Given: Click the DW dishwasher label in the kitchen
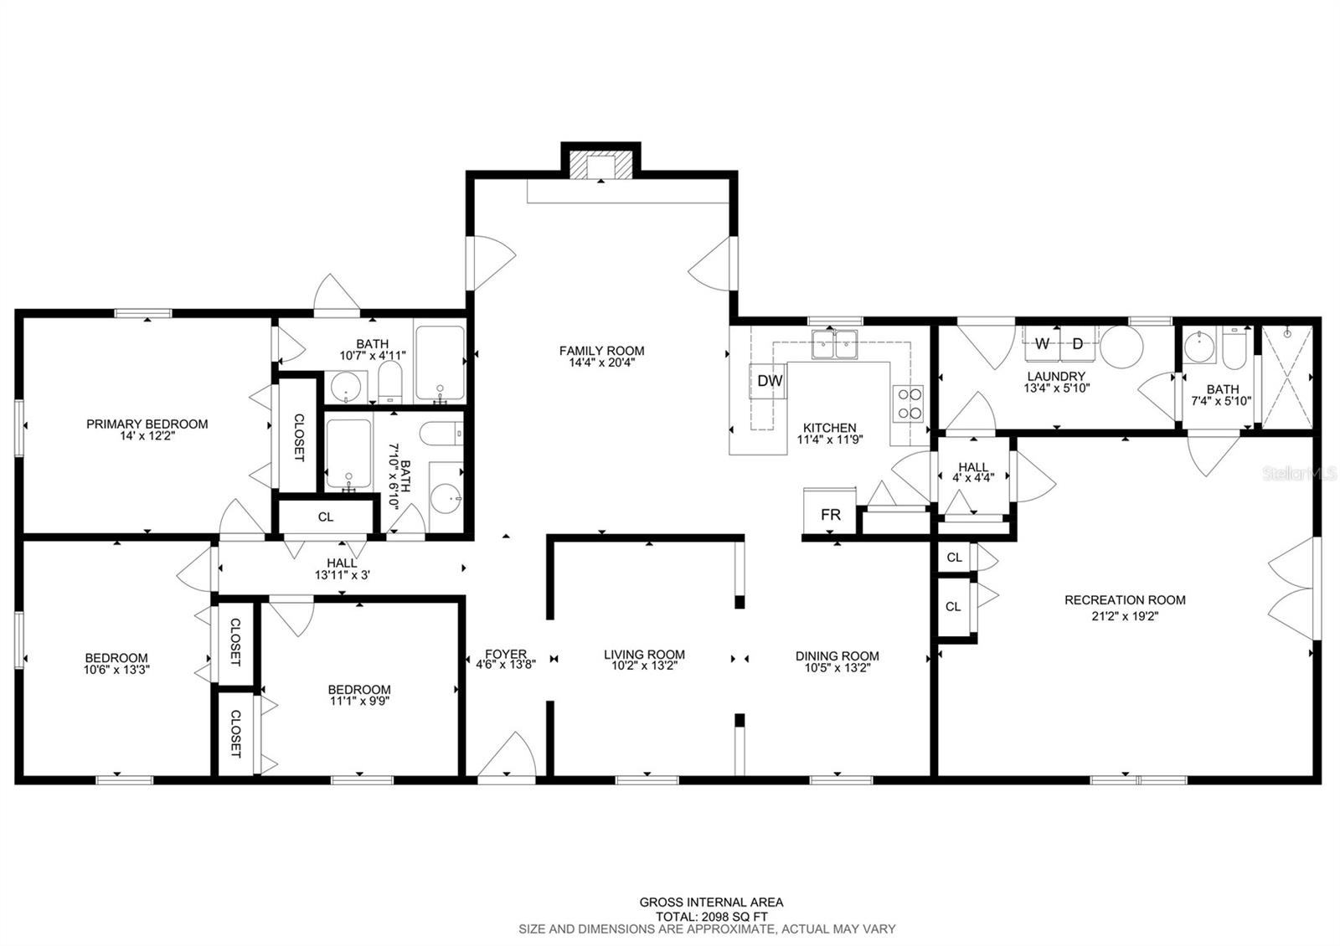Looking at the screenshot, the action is point(770,380).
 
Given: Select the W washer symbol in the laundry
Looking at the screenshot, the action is point(1042,344).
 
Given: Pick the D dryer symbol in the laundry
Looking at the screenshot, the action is point(1078,344).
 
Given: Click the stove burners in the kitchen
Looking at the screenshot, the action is point(908,404).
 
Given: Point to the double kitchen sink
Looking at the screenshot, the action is point(834,344).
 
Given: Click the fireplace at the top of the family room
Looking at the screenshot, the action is point(600,166).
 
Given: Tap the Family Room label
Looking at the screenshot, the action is point(602,351).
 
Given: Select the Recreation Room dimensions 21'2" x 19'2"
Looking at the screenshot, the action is point(1126,616).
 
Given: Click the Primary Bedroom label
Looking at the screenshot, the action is point(147,424).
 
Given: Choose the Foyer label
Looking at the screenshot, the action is point(506,654).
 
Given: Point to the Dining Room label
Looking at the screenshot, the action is point(837,656).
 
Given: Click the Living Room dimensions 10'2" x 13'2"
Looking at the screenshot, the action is point(644,666).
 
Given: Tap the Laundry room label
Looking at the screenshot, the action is point(1056,376).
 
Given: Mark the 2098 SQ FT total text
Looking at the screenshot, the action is point(736,917).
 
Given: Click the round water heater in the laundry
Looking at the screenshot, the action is point(1121,347).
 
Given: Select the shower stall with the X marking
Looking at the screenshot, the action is point(1287,377).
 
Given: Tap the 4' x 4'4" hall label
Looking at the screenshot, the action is point(973,478).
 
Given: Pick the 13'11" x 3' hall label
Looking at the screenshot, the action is point(343,575).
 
